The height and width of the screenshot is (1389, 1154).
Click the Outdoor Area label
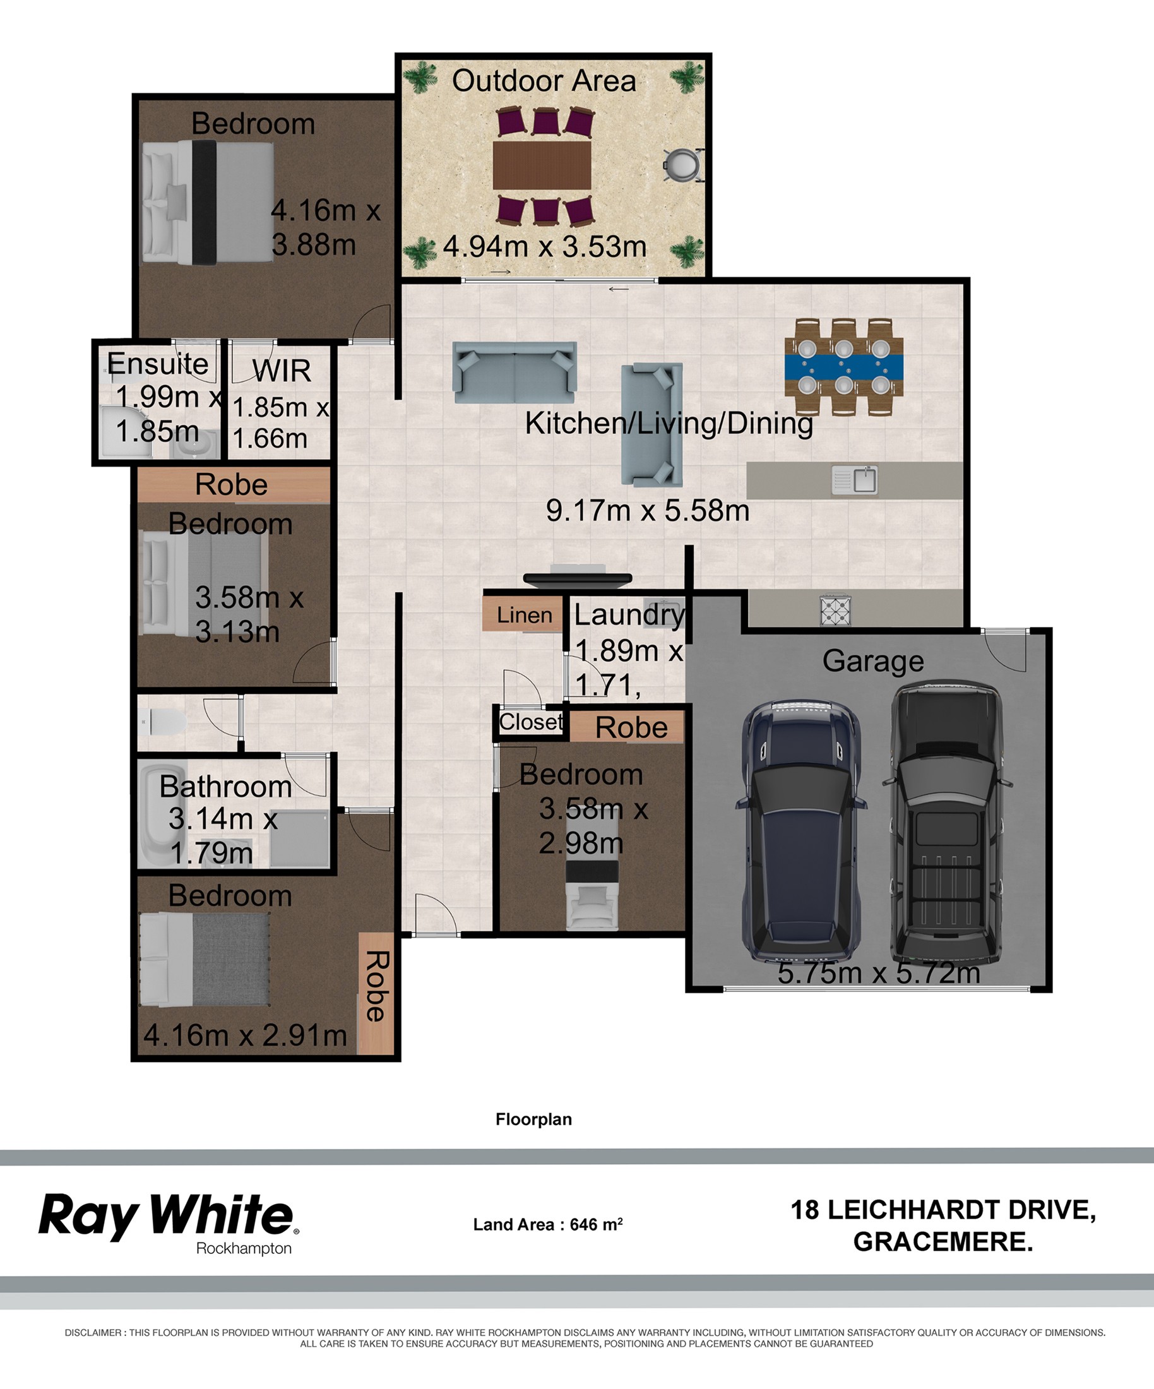(x=544, y=81)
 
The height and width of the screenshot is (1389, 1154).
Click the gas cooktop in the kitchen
(x=835, y=611)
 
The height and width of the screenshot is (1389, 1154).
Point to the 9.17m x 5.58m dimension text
(x=648, y=511)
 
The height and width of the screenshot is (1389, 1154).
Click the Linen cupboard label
(x=525, y=616)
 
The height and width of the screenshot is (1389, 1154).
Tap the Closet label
(x=532, y=722)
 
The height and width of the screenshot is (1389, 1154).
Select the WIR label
(x=281, y=371)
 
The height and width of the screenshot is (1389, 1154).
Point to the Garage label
(x=873, y=662)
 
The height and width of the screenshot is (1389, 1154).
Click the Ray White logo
(x=169, y=1224)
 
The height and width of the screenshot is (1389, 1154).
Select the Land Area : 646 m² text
(x=547, y=1224)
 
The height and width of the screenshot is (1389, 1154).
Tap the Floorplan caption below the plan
(x=533, y=1119)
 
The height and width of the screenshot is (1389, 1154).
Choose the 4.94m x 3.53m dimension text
(x=544, y=247)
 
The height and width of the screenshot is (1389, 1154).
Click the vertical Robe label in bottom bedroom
(x=376, y=986)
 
